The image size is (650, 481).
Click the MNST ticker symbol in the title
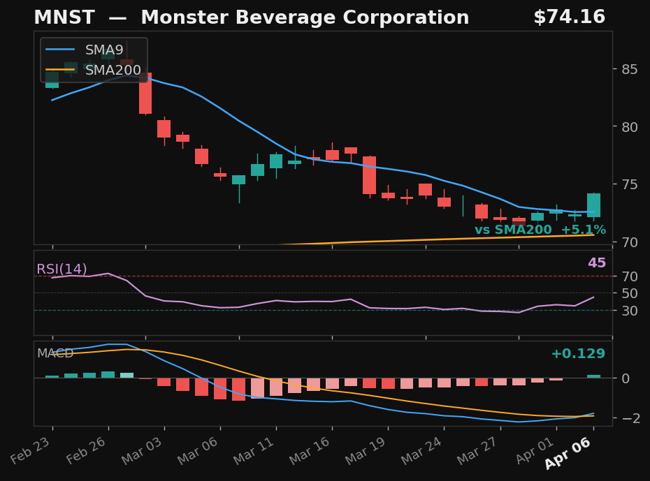[x=59, y=18]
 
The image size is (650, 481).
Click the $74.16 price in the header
[x=569, y=18]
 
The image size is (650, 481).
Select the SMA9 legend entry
[x=103, y=50]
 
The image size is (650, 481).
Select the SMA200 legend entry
[x=113, y=71]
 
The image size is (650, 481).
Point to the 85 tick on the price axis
[x=628, y=69]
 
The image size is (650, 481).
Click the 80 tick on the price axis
[x=628, y=127]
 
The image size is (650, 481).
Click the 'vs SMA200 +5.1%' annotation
[x=540, y=230]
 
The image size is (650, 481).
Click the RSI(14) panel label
[x=62, y=269]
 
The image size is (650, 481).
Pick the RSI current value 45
[x=596, y=264]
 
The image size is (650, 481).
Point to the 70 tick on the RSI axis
[x=628, y=276]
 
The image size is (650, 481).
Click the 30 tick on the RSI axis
[x=628, y=311]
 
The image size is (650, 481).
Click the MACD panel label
[x=55, y=354]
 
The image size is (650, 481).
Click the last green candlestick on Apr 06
[x=593, y=205]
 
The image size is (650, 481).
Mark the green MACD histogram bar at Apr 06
[x=593, y=376]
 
